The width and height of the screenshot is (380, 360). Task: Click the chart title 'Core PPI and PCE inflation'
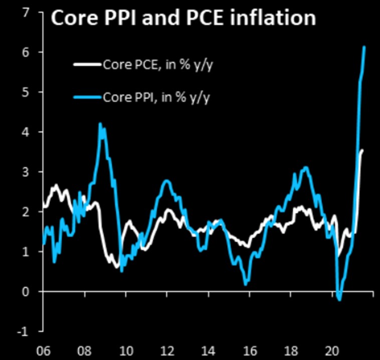pyautogui.click(x=183, y=19)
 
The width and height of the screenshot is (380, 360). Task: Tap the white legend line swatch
pyautogui.click(x=88, y=65)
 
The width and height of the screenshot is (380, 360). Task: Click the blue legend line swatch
pyautogui.click(x=88, y=97)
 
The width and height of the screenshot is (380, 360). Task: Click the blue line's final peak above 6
pyautogui.click(x=364, y=47)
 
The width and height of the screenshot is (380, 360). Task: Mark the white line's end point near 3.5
pyautogui.click(x=362, y=150)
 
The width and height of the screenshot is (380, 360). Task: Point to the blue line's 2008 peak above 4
pyautogui.click(x=100, y=124)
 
